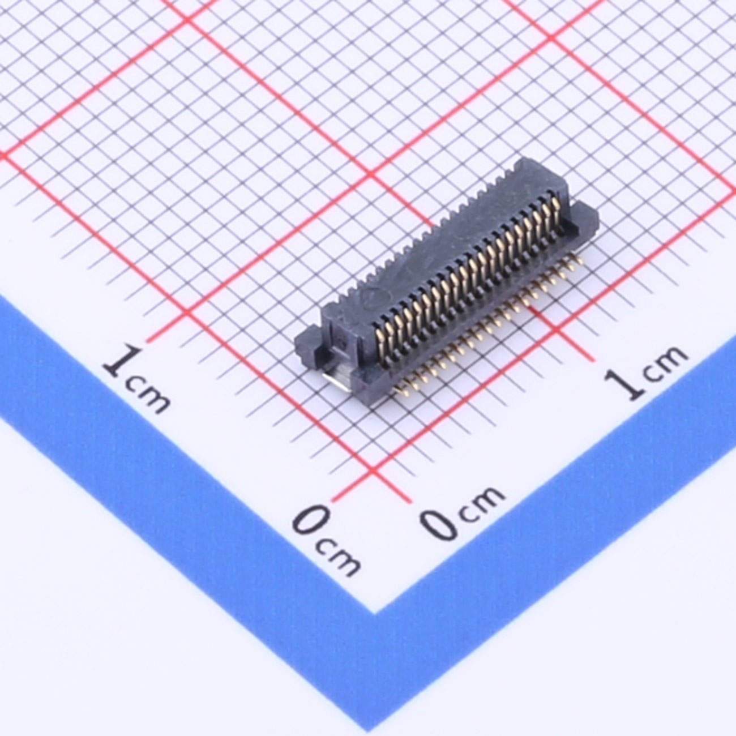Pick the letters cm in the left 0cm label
tap(339, 558)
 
